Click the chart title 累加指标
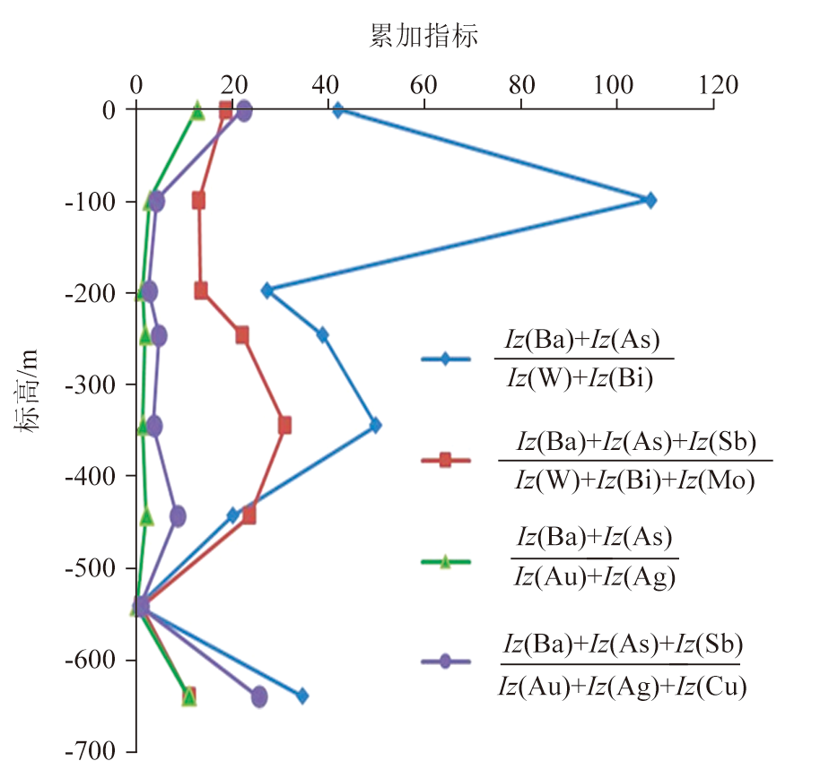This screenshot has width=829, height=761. (424, 37)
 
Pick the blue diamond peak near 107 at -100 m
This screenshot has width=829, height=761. (650, 200)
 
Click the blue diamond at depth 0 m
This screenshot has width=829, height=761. (338, 110)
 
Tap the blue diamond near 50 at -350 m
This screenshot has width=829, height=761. (375, 425)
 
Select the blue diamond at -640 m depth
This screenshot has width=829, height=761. (302, 696)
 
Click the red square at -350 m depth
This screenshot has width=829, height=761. (284, 425)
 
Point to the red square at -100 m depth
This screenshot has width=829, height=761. (198, 200)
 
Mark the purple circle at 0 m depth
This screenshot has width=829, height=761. (243, 111)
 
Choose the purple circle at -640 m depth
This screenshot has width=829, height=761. (259, 696)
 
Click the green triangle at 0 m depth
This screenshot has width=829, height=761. (197, 110)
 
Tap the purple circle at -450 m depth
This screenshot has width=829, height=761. (178, 515)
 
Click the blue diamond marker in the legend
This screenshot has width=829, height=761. (445, 360)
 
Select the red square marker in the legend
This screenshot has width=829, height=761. (445, 461)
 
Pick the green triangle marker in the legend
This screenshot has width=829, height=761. (445, 562)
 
